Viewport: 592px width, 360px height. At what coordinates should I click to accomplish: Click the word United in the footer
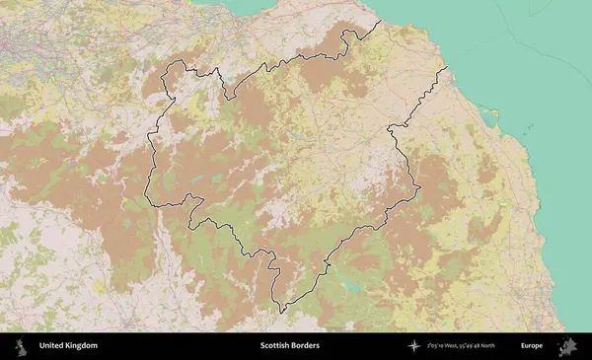tap(49, 346)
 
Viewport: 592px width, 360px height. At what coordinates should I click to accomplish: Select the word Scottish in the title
tap(277, 346)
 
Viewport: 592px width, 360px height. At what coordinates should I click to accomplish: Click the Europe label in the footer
tap(531, 346)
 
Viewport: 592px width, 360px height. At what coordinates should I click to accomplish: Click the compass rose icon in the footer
tap(414, 346)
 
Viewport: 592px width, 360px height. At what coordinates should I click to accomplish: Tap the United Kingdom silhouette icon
tap(19, 346)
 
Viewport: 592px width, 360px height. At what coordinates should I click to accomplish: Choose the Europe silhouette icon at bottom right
tap(567, 346)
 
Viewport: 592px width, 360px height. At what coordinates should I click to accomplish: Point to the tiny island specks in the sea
tap(530, 128)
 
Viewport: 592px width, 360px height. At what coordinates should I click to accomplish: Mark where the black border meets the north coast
tap(381, 21)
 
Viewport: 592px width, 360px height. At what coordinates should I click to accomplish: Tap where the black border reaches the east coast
tap(446, 67)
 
